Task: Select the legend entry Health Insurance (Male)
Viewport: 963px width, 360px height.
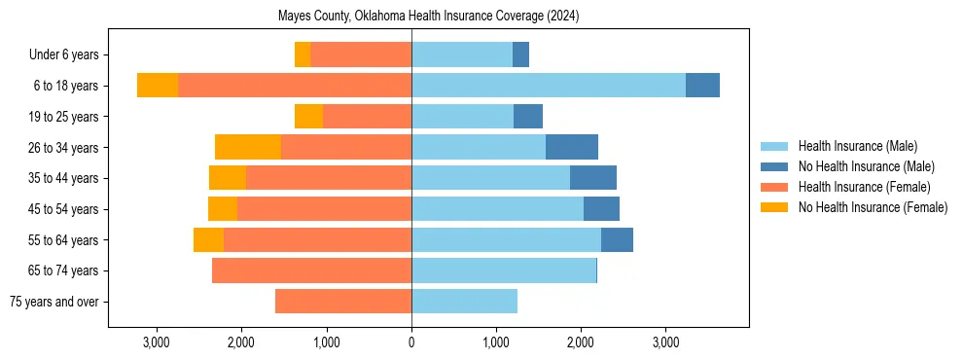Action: point(857,146)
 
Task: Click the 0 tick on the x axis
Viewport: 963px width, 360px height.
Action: point(411,342)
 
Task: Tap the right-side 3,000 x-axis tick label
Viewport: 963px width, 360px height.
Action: point(665,342)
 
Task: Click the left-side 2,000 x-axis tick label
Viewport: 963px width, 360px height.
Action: point(241,342)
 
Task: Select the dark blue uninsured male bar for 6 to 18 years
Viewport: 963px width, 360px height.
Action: point(702,86)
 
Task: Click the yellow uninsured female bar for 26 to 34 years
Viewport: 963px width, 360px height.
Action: point(248,147)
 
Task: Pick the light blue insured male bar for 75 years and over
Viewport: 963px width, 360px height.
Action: point(464,302)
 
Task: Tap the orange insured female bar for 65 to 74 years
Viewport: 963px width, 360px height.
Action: point(311,270)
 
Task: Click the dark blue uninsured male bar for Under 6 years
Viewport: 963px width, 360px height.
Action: point(520,54)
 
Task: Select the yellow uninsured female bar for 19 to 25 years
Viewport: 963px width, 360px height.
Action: point(308,117)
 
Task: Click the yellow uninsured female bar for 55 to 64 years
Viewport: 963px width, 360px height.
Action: point(208,239)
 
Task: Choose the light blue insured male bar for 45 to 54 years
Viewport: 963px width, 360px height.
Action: point(497,209)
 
